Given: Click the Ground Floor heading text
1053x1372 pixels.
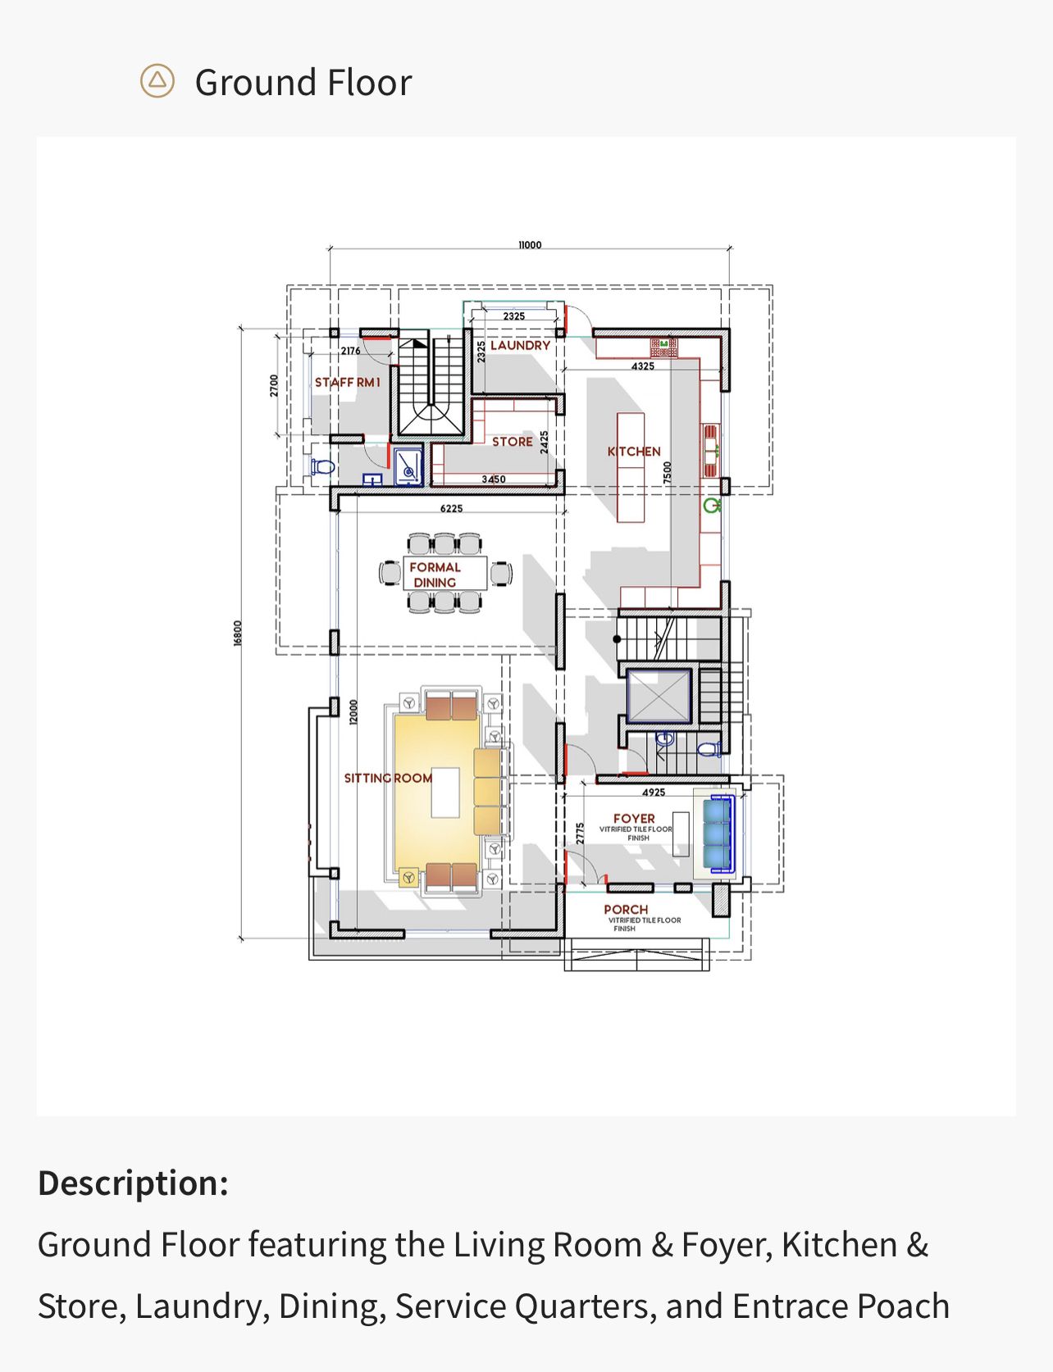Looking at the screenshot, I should click(x=303, y=83).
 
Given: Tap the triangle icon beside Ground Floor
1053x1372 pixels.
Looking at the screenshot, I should click(x=157, y=81).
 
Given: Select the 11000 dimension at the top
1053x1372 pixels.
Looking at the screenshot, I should click(x=530, y=245).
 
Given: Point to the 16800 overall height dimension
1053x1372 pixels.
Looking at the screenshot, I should click(x=238, y=633).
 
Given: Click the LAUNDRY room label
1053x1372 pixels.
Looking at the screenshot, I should click(x=520, y=346).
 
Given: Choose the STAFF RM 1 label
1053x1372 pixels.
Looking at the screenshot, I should click(x=348, y=383).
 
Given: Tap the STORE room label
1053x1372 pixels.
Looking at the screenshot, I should click(x=513, y=442).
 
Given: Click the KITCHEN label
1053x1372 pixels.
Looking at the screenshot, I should click(x=634, y=452).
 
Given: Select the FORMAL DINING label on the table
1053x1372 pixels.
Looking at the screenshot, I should click(x=435, y=575).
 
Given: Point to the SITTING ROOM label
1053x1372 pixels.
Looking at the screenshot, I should click(x=388, y=778).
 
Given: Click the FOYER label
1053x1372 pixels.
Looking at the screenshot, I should click(x=634, y=819).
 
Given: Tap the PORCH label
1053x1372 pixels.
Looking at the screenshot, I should click(x=626, y=910).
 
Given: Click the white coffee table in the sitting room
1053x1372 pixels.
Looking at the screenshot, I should click(x=445, y=792).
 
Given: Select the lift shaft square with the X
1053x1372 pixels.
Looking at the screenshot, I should click(x=659, y=697).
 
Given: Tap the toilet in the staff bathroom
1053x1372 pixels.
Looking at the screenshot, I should click(x=323, y=467).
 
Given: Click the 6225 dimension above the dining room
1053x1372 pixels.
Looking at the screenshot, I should click(x=451, y=509).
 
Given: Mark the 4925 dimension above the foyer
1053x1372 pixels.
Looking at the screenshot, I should click(x=654, y=793).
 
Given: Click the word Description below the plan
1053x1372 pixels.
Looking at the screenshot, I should click(x=133, y=1183).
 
